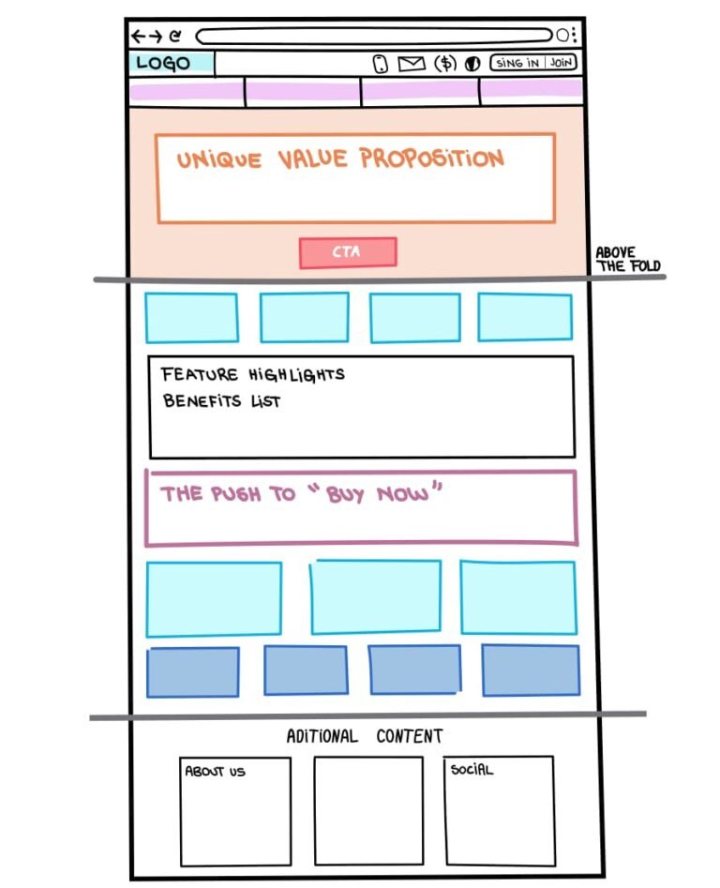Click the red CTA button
tap(348, 252)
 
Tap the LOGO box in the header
tap(172, 64)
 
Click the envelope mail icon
tap(412, 64)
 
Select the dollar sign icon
tap(445, 64)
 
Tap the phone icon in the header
tap(381, 64)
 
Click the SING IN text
tap(517, 63)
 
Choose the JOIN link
tap(561, 62)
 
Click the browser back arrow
tap(138, 37)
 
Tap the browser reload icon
tap(175, 37)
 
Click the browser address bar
tap(373, 36)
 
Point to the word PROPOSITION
tap(432, 158)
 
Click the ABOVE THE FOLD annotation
tap(628, 260)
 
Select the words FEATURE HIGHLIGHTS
tap(252, 374)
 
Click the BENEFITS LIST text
tap(221, 401)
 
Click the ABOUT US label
tap(215, 772)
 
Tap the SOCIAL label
tap(472, 769)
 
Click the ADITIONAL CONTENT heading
tap(365, 736)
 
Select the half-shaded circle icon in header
tap(472, 64)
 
